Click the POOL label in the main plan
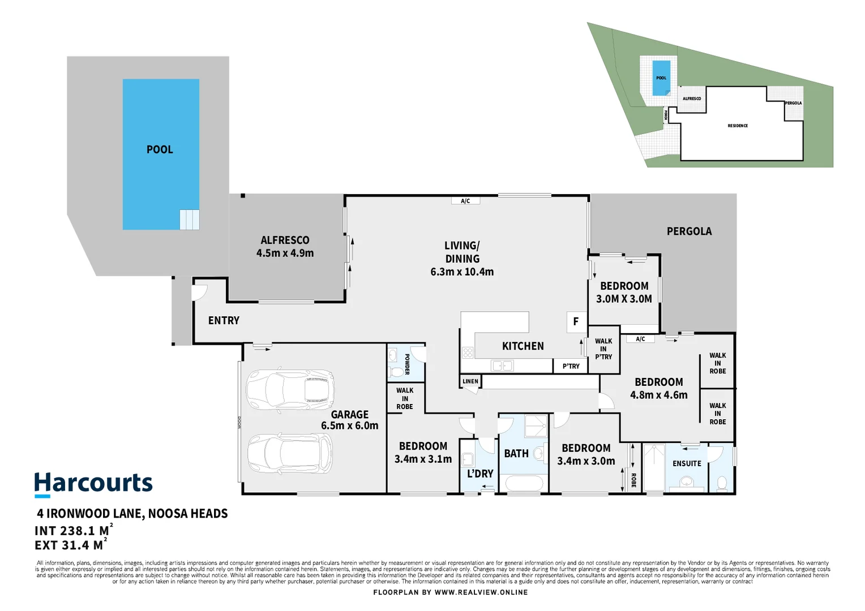click(x=160, y=149)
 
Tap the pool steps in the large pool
click(x=189, y=220)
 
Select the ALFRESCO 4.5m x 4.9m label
click(x=285, y=247)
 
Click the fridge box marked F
click(x=576, y=322)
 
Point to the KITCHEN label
click(x=523, y=346)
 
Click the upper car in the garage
click(x=290, y=390)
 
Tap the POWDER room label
click(x=407, y=364)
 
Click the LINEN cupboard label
click(x=470, y=381)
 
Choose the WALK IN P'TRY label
click(x=603, y=349)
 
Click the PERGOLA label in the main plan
click(x=689, y=231)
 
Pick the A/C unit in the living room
click(x=465, y=201)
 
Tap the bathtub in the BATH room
click(x=524, y=484)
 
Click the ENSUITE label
click(x=687, y=463)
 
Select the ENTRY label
click(x=224, y=320)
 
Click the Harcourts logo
click(x=93, y=484)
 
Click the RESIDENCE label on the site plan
click(x=738, y=126)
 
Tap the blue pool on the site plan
click(x=661, y=78)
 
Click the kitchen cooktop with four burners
click(x=468, y=353)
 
